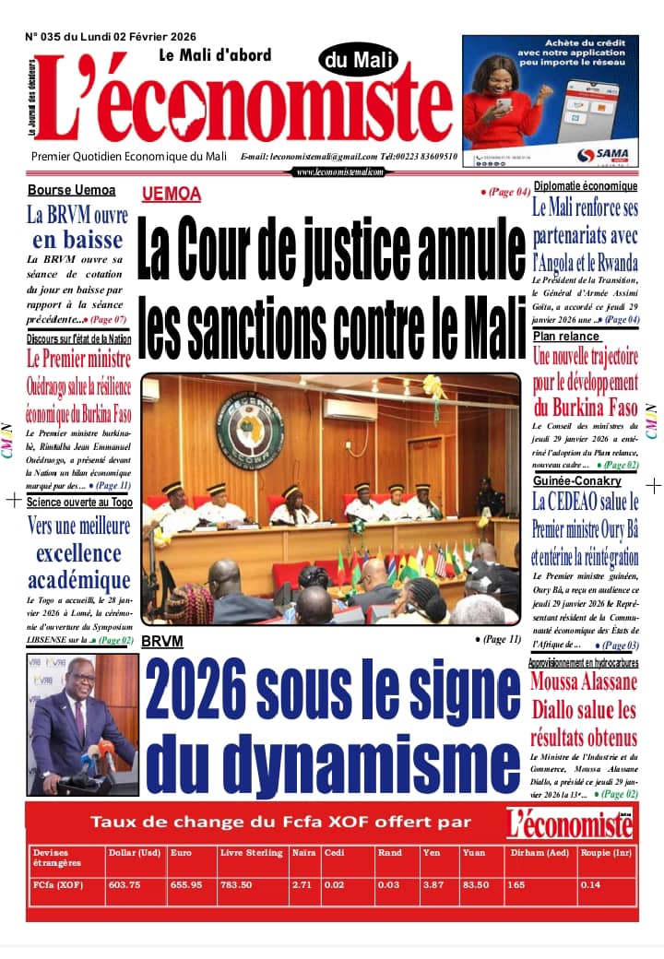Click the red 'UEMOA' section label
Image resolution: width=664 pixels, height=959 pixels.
coord(172,195)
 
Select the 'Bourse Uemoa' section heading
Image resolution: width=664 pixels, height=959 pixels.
coord(71,190)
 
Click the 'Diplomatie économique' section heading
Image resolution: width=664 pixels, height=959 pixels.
coord(585,186)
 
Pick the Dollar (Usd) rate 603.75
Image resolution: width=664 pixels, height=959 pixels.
coord(124,885)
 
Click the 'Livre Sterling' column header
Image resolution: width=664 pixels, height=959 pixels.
coord(251,853)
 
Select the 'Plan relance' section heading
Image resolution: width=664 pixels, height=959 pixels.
coord(566,337)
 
